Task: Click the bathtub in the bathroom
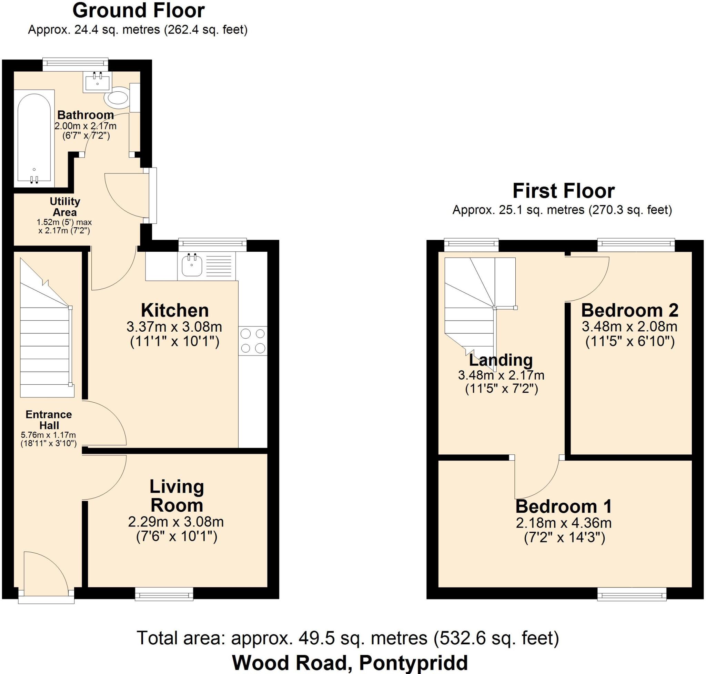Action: coord(34,138)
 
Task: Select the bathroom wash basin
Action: coord(97,82)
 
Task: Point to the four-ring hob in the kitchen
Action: coord(253,341)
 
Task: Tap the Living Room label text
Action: coord(177,496)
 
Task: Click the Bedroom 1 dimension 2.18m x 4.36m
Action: coord(564,523)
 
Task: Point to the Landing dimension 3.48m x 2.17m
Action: coord(501,375)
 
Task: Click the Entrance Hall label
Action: coord(49,420)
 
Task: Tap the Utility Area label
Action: coord(65,207)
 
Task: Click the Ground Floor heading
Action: coord(138,11)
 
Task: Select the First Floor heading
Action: coord(563,191)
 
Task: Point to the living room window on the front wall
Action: coord(164,594)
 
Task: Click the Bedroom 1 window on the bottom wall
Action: coord(632,594)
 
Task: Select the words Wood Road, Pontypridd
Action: coord(350,663)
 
